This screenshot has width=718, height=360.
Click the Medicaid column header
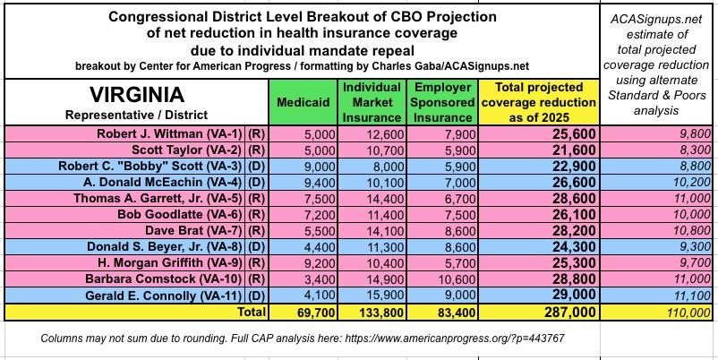tap(303, 101)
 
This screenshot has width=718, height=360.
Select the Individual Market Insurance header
tap(372, 102)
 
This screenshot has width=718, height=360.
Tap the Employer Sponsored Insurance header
tap(441, 102)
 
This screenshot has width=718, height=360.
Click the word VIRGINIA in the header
tap(136, 95)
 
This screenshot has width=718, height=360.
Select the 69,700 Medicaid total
tap(303, 312)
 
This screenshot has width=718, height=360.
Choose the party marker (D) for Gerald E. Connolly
tap(256, 295)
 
